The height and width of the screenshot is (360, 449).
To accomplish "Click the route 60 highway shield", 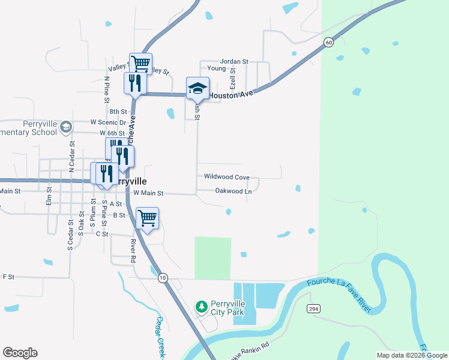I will (328, 42).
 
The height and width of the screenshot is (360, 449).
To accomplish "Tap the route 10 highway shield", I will (163, 278).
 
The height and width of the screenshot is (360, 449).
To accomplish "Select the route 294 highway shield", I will (313, 308).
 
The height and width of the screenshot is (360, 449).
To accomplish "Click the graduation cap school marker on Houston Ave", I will (197, 88).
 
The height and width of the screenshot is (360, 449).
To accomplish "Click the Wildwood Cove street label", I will (226, 177).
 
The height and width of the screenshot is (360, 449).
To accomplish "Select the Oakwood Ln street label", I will (233, 191).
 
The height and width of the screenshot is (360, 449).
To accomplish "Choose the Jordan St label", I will (234, 61).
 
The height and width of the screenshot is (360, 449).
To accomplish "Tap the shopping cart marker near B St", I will (147, 218).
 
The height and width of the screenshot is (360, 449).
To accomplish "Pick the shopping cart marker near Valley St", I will (140, 62).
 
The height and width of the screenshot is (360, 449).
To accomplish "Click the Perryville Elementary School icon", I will (66, 127).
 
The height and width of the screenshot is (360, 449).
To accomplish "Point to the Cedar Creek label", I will (160, 338).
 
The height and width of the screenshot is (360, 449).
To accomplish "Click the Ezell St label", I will (233, 78).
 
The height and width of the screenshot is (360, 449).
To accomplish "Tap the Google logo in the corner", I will (20, 353).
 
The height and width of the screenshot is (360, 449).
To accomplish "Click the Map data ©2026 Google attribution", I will (411, 355).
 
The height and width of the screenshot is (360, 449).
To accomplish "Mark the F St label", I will (8, 277).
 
